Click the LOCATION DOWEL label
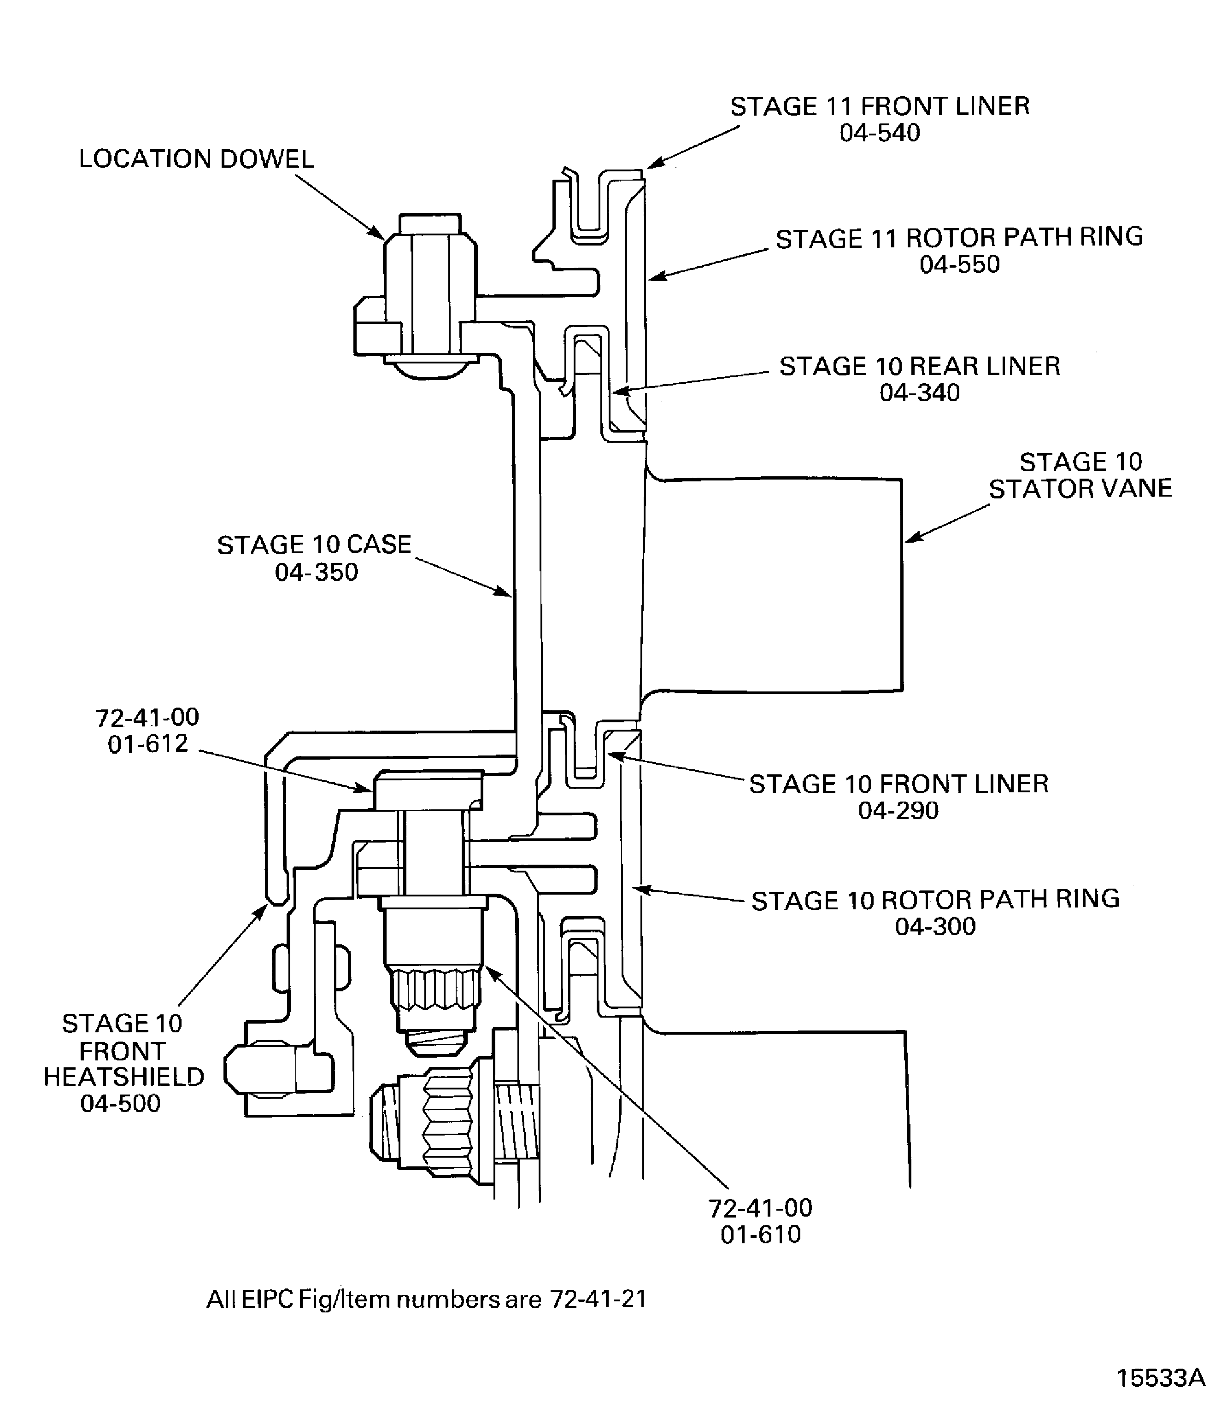pos(196,159)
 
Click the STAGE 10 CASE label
pos(314,545)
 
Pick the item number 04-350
pos(317,572)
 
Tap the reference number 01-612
pos(147,744)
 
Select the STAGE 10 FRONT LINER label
pos(898,784)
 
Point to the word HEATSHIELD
pos(124,1077)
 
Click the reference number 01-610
pos(760,1235)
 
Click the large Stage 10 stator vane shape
pos(774,582)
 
